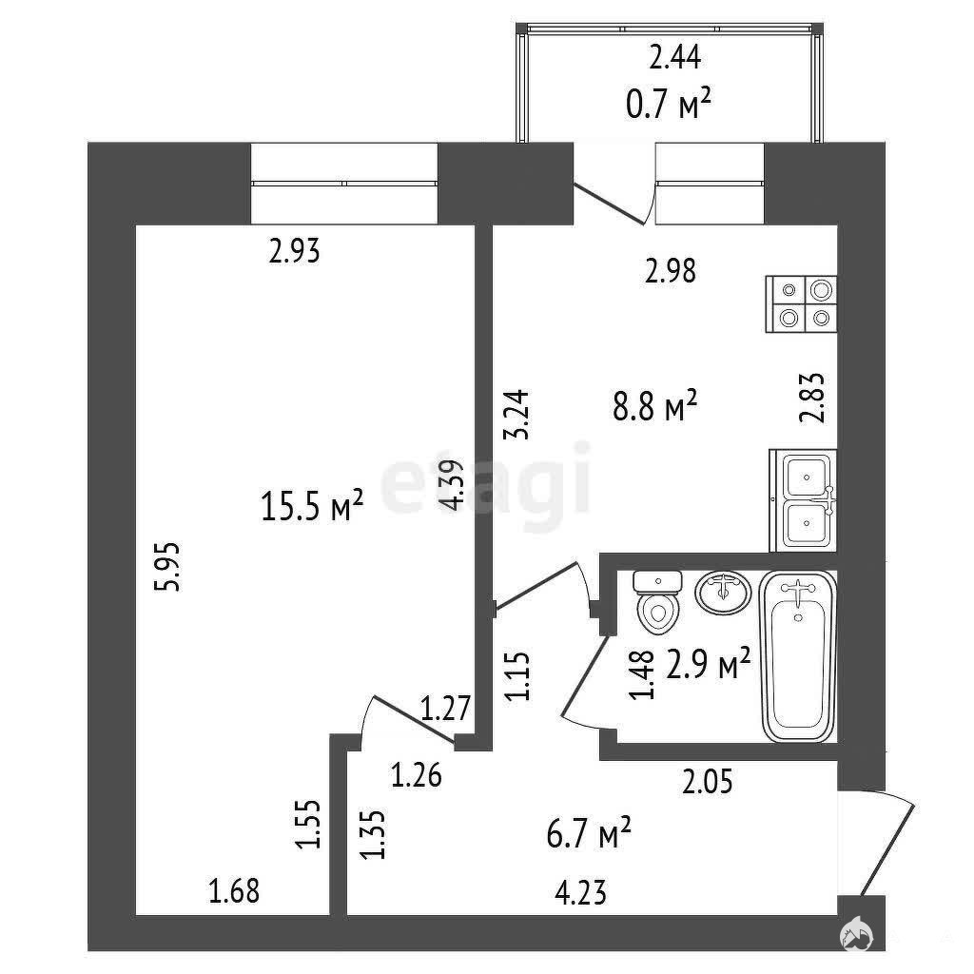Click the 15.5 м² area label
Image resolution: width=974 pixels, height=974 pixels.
coord(312,505)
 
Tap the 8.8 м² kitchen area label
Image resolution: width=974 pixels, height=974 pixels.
coord(655,406)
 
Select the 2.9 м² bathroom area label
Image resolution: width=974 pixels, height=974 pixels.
coord(709,665)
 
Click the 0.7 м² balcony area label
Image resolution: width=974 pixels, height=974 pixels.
coord(669,104)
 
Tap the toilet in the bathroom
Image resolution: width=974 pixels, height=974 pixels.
coord(657,602)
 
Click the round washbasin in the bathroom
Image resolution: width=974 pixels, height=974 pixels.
coord(723,594)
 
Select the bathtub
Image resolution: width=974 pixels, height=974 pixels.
coord(798,656)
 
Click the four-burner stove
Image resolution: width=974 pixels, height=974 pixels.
coord(801,304)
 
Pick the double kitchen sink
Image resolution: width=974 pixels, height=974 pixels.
coord(804,500)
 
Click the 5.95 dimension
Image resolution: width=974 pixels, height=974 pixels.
coord(168,567)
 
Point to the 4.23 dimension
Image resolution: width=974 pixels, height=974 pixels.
coord(581,893)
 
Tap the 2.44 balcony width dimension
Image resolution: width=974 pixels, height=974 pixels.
coord(675,58)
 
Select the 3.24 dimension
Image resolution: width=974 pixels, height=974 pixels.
coord(516,415)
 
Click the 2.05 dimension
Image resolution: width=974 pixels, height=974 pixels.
coord(708,781)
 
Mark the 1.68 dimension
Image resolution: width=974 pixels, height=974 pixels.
coord(234,891)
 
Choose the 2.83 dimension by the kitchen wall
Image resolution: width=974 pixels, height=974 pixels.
coord(812,398)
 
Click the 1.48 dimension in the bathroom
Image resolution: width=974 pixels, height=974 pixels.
coord(642,674)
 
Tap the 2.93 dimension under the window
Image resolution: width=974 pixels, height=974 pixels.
coord(295,251)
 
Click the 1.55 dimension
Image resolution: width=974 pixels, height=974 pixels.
coord(308,824)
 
